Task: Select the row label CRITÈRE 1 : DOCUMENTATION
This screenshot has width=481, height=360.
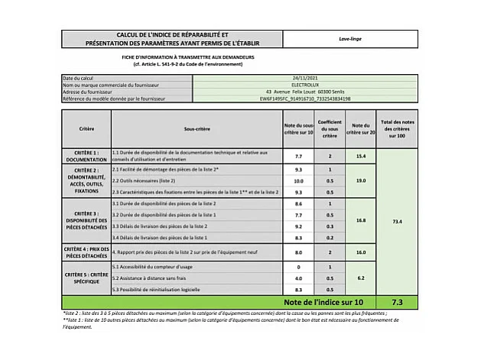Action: tap(86, 156)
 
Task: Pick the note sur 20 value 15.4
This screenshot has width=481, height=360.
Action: tap(360, 156)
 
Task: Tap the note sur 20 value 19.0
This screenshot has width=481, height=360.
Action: tap(360, 181)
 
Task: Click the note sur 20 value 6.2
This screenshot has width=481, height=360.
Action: tap(360, 278)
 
